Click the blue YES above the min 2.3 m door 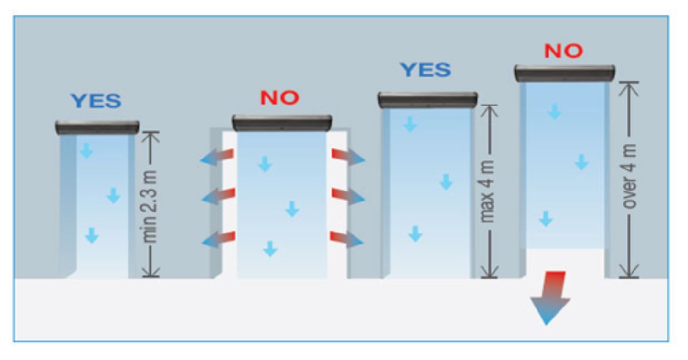point(96,101)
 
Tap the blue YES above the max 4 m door point(425,70)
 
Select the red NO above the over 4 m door point(564,51)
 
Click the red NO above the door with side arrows point(279,97)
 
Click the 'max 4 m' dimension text point(488,191)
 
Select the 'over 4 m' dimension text point(631,177)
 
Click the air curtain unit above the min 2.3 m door point(97,127)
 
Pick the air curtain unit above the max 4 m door point(428,100)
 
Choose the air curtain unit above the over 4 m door point(564,73)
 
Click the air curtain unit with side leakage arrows point(282,123)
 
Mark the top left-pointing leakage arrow point(217,157)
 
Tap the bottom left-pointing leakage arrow point(218,239)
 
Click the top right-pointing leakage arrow point(348,157)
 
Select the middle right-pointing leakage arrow point(348,196)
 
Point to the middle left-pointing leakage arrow point(217,196)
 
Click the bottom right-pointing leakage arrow point(347,238)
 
